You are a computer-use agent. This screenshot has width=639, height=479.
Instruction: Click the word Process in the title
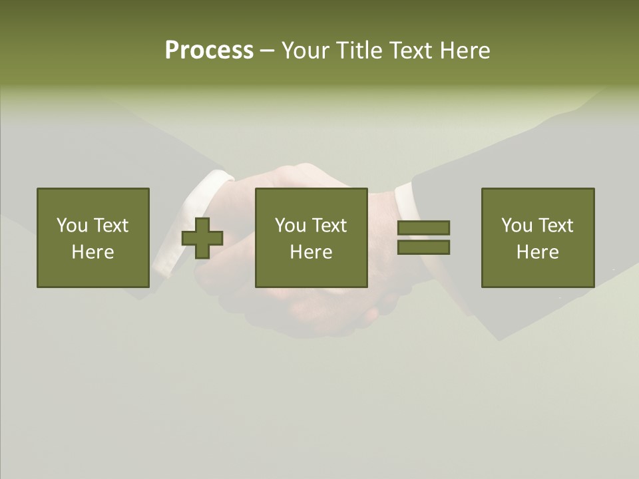tap(209, 51)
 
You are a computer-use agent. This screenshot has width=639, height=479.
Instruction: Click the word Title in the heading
tap(359, 51)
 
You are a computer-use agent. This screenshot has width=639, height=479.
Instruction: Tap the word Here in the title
tap(464, 51)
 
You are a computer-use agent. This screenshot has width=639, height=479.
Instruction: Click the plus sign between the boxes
tap(202, 238)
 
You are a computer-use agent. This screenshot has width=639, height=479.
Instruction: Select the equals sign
tap(423, 238)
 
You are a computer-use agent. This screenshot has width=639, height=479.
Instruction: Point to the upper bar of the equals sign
tap(423, 228)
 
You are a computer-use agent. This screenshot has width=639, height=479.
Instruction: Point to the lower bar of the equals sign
tap(423, 247)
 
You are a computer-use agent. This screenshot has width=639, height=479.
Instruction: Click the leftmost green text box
tap(93, 238)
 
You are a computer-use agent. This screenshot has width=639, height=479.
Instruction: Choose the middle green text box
tap(311, 238)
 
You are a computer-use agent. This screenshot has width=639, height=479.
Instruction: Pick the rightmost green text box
tap(538, 238)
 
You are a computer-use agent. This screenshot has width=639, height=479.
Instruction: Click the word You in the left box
tap(72, 226)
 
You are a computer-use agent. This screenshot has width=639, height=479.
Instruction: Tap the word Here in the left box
tap(93, 252)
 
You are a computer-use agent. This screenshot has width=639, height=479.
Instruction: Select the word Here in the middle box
tap(311, 252)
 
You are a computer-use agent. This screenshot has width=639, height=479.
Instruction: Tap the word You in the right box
tap(517, 226)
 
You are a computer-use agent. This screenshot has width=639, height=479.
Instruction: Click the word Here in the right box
tap(538, 252)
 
